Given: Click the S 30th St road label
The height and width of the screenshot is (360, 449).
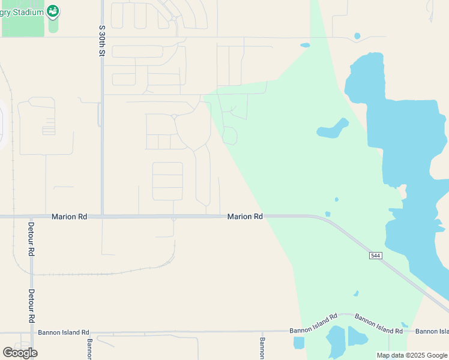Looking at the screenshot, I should click(102, 41).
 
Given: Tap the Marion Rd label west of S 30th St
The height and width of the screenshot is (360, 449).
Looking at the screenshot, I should click(70, 217).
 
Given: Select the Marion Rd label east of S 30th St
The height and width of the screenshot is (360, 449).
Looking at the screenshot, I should click(245, 217).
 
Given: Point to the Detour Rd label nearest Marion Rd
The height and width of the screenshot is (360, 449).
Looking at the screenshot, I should click(31, 239).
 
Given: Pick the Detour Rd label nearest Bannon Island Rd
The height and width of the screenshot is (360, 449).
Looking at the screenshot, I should click(31, 306).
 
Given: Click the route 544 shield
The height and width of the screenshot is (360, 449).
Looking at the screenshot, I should click(375, 256).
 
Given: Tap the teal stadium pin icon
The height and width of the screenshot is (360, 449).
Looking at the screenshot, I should click(53, 11).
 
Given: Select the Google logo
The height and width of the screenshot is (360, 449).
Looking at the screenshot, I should click(20, 352).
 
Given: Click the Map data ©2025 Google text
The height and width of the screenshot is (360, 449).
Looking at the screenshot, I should click(411, 355).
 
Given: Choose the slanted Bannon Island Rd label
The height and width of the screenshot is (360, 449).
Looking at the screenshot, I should click(378, 323).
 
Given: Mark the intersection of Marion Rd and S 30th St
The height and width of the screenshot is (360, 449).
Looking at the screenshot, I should click(103, 216).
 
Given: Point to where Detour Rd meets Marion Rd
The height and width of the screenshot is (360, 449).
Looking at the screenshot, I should click(31, 217).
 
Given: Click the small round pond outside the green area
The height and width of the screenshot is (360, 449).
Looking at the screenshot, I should click(357, 36).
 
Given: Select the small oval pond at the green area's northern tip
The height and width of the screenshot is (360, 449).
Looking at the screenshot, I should click(305, 45).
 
